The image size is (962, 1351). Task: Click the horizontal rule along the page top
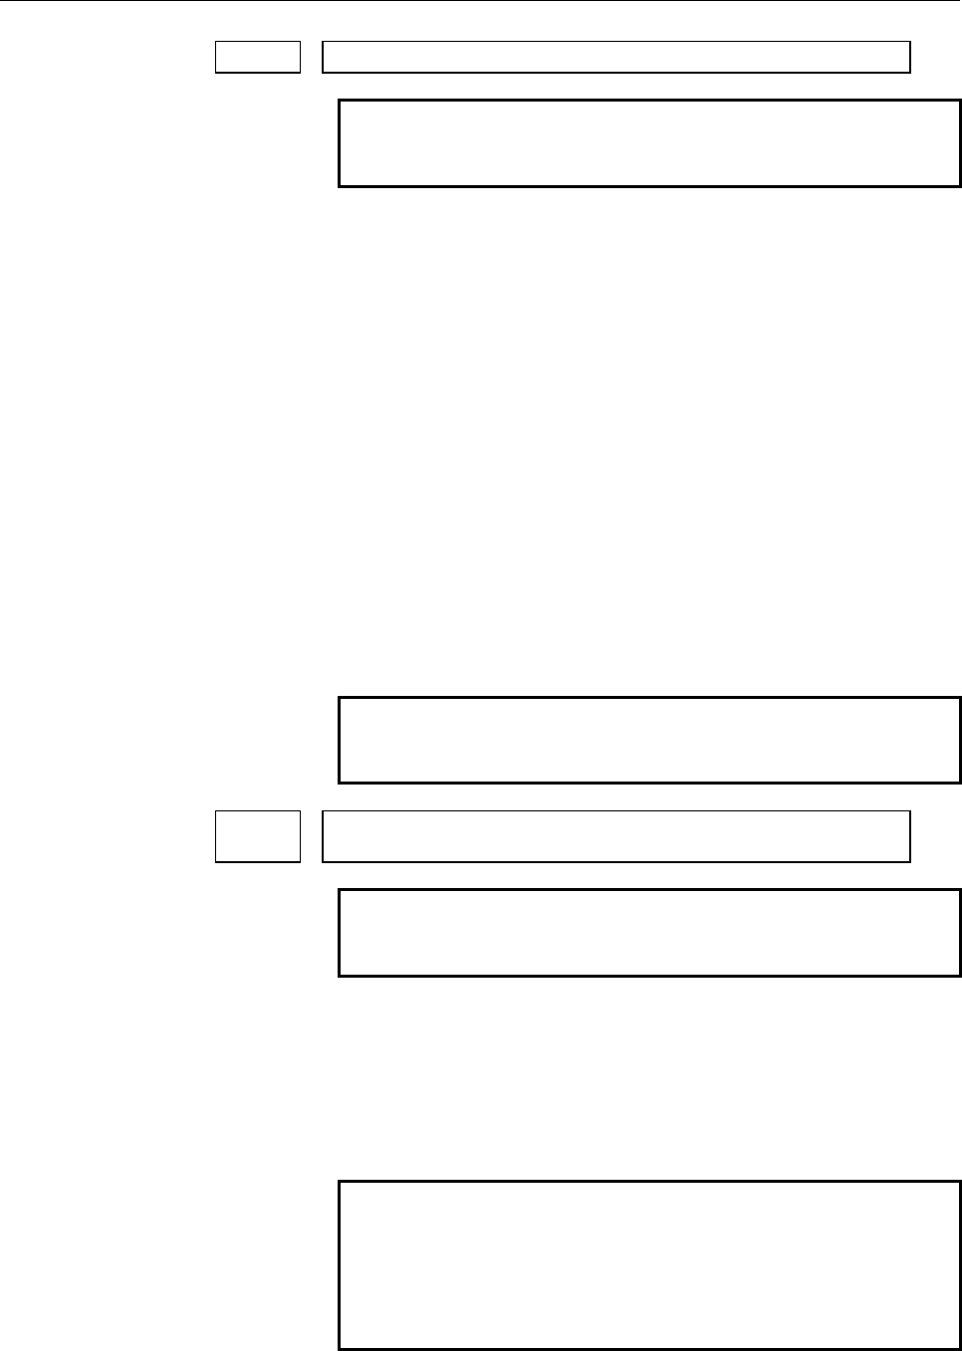click(481, 1)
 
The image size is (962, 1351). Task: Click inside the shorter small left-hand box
click(258, 57)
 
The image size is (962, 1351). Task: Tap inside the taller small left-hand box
click(258, 836)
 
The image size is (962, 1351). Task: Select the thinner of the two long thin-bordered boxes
click(616, 57)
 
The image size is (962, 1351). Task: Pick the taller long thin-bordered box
click(616, 836)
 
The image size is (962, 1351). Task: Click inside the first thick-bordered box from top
click(649, 143)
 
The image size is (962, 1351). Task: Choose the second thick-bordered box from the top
click(649, 741)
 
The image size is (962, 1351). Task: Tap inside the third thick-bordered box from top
click(649, 933)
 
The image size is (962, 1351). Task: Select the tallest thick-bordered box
click(649, 1265)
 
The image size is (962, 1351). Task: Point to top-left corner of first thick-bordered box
click(340, 101)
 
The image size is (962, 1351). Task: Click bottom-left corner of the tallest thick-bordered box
click(340, 1349)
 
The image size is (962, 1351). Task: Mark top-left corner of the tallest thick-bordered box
click(340, 1183)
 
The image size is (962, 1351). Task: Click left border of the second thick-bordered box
click(340, 741)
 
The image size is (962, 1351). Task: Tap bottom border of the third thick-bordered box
click(649, 975)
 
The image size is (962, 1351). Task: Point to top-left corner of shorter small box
click(216, 42)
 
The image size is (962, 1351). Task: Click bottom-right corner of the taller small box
click(300, 861)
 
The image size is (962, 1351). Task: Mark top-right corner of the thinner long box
click(910, 42)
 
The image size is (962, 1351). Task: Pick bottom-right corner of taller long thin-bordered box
click(910, 861)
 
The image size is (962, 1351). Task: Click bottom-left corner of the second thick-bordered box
click(340, 783)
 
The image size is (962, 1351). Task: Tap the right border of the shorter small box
click(300, 57)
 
